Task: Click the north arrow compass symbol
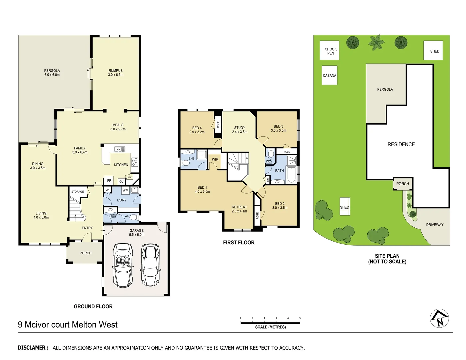coord(439,319)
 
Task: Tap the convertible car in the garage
coord(123,265)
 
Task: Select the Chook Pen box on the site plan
coord(330,51)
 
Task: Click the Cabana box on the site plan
coord(329,75)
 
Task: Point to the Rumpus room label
coord(116,73)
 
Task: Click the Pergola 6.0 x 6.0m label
coord(52,73)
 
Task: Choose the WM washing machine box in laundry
coord(125,190)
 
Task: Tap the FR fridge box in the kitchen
coord(109,181)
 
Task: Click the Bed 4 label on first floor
coord(197,130)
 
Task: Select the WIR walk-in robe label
coord(215,159)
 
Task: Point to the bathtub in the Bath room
coord(291,175)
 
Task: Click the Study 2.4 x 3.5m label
coord(240,130)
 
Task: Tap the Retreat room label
coord(239,209)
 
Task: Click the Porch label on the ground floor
coord(85,253)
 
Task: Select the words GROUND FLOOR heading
coord(93,306)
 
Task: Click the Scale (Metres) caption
coord(270,327)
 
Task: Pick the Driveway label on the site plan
coord(435,225)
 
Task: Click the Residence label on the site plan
coord(401,144)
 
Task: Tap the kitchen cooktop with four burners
coord(135,162)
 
